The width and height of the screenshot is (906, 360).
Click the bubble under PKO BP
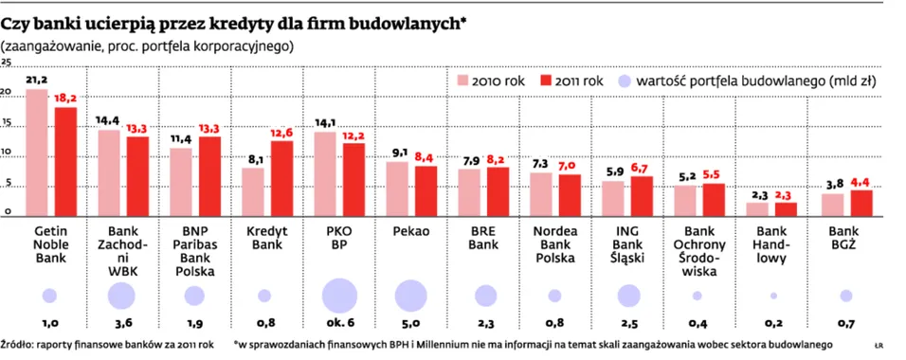coord(339,296)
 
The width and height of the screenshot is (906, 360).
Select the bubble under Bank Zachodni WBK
coord(121,296)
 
